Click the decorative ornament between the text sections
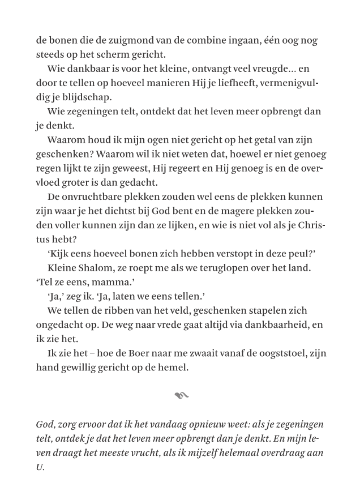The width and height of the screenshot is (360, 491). (181, 395)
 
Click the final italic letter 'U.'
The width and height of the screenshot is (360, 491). (40, 467)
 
